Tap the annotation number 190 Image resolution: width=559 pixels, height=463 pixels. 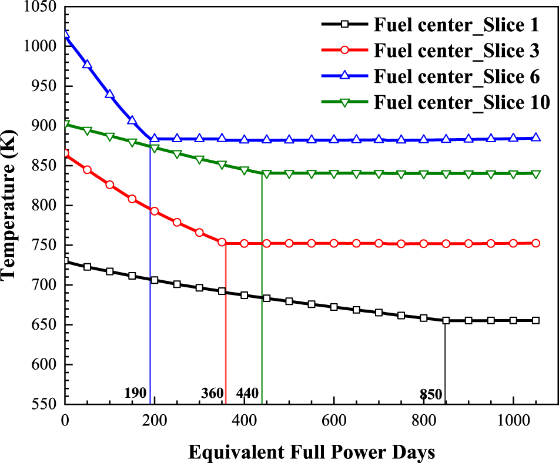point(135,393)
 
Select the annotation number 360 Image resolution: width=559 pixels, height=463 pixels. point(213,393)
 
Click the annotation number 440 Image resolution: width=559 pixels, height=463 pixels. point(247,393)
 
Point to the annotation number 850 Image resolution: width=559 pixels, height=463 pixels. point(431,394)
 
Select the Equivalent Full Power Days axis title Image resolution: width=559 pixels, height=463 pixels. point(312,452)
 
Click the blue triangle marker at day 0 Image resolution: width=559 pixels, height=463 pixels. point(66,35)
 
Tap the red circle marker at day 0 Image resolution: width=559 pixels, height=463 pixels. point(66,154)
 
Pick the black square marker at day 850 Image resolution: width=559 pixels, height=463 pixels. point(446,321)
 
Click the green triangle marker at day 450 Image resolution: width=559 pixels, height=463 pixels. point(267,174)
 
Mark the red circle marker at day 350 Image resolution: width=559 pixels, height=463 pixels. point(222,242)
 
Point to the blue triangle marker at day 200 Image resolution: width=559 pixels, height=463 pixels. point(155,139)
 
